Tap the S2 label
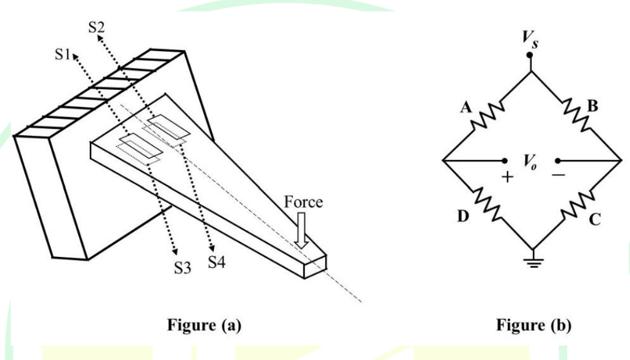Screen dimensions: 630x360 tap(96, 27)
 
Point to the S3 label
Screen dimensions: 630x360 tap(183, 268)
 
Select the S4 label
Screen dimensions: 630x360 tap(216, 262)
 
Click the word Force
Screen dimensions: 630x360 tap(303, 201)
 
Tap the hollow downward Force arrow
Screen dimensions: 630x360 tap(301, 230)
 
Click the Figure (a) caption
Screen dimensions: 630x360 tap(204, 325)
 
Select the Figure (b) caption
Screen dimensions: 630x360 tap(534, 325)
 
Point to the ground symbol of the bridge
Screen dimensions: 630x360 tap(533, 262)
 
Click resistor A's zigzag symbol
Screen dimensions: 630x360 tap(487, 116)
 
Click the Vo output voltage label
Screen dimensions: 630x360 tap(531, 162)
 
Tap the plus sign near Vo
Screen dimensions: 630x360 tap(508, 177)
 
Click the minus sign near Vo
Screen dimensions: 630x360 tap(558, 175)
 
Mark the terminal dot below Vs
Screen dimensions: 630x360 tap(529, 55)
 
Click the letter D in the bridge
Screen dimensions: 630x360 tap(463, 216)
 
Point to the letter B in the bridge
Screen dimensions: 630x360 tap(593, 106)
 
